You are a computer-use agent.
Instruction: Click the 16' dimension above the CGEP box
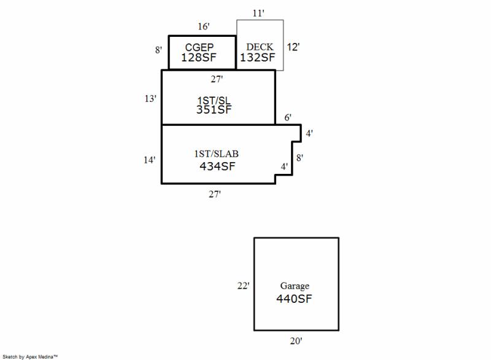(x=204, y=27)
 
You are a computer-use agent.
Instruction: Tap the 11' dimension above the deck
(x=258, y=13)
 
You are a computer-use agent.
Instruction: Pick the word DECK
(x=260, y=47)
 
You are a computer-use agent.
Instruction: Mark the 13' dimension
(x=150, y=98)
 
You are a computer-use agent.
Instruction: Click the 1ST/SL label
(x=215, y=100)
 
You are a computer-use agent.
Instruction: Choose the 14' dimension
(x=149, y=160)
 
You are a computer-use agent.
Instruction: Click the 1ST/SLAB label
(x=217, y=154)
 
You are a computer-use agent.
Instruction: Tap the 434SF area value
(x=217, y=165)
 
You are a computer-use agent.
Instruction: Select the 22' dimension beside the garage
(x=243, y=286)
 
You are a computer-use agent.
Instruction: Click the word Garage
(x=295, y=286)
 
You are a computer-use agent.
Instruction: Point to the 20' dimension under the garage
(x=296, y=340)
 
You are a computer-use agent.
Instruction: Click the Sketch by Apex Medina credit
(x=30, y=356)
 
